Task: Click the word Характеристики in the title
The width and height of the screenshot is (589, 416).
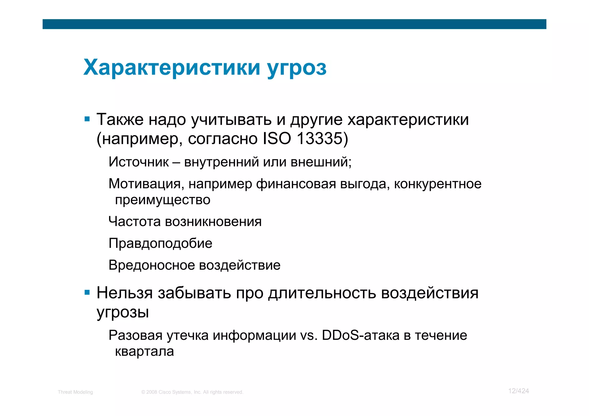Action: point(172,68)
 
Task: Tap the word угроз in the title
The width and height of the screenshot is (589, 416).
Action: point(297,68)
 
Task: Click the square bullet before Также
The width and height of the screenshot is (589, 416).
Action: point(87,119)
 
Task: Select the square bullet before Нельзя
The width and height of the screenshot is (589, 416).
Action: point(87,293)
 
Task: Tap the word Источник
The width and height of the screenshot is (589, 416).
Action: point(139,162)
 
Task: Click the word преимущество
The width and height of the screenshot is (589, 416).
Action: point(162,200)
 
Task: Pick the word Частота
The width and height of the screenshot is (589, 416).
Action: point(135,221)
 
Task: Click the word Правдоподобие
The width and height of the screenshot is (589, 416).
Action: point(160,244)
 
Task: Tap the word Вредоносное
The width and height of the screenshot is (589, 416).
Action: point(152,265)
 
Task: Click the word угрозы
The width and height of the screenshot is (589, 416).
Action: point(123,312)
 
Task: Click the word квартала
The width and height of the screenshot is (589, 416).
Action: point(144,351)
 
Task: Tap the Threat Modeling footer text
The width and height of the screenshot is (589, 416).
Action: point(75,392)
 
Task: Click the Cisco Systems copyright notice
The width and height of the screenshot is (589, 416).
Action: point(192,392)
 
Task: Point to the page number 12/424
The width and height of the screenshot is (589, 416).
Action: point(519,391)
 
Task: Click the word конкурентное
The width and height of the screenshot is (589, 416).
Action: point(437,184)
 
